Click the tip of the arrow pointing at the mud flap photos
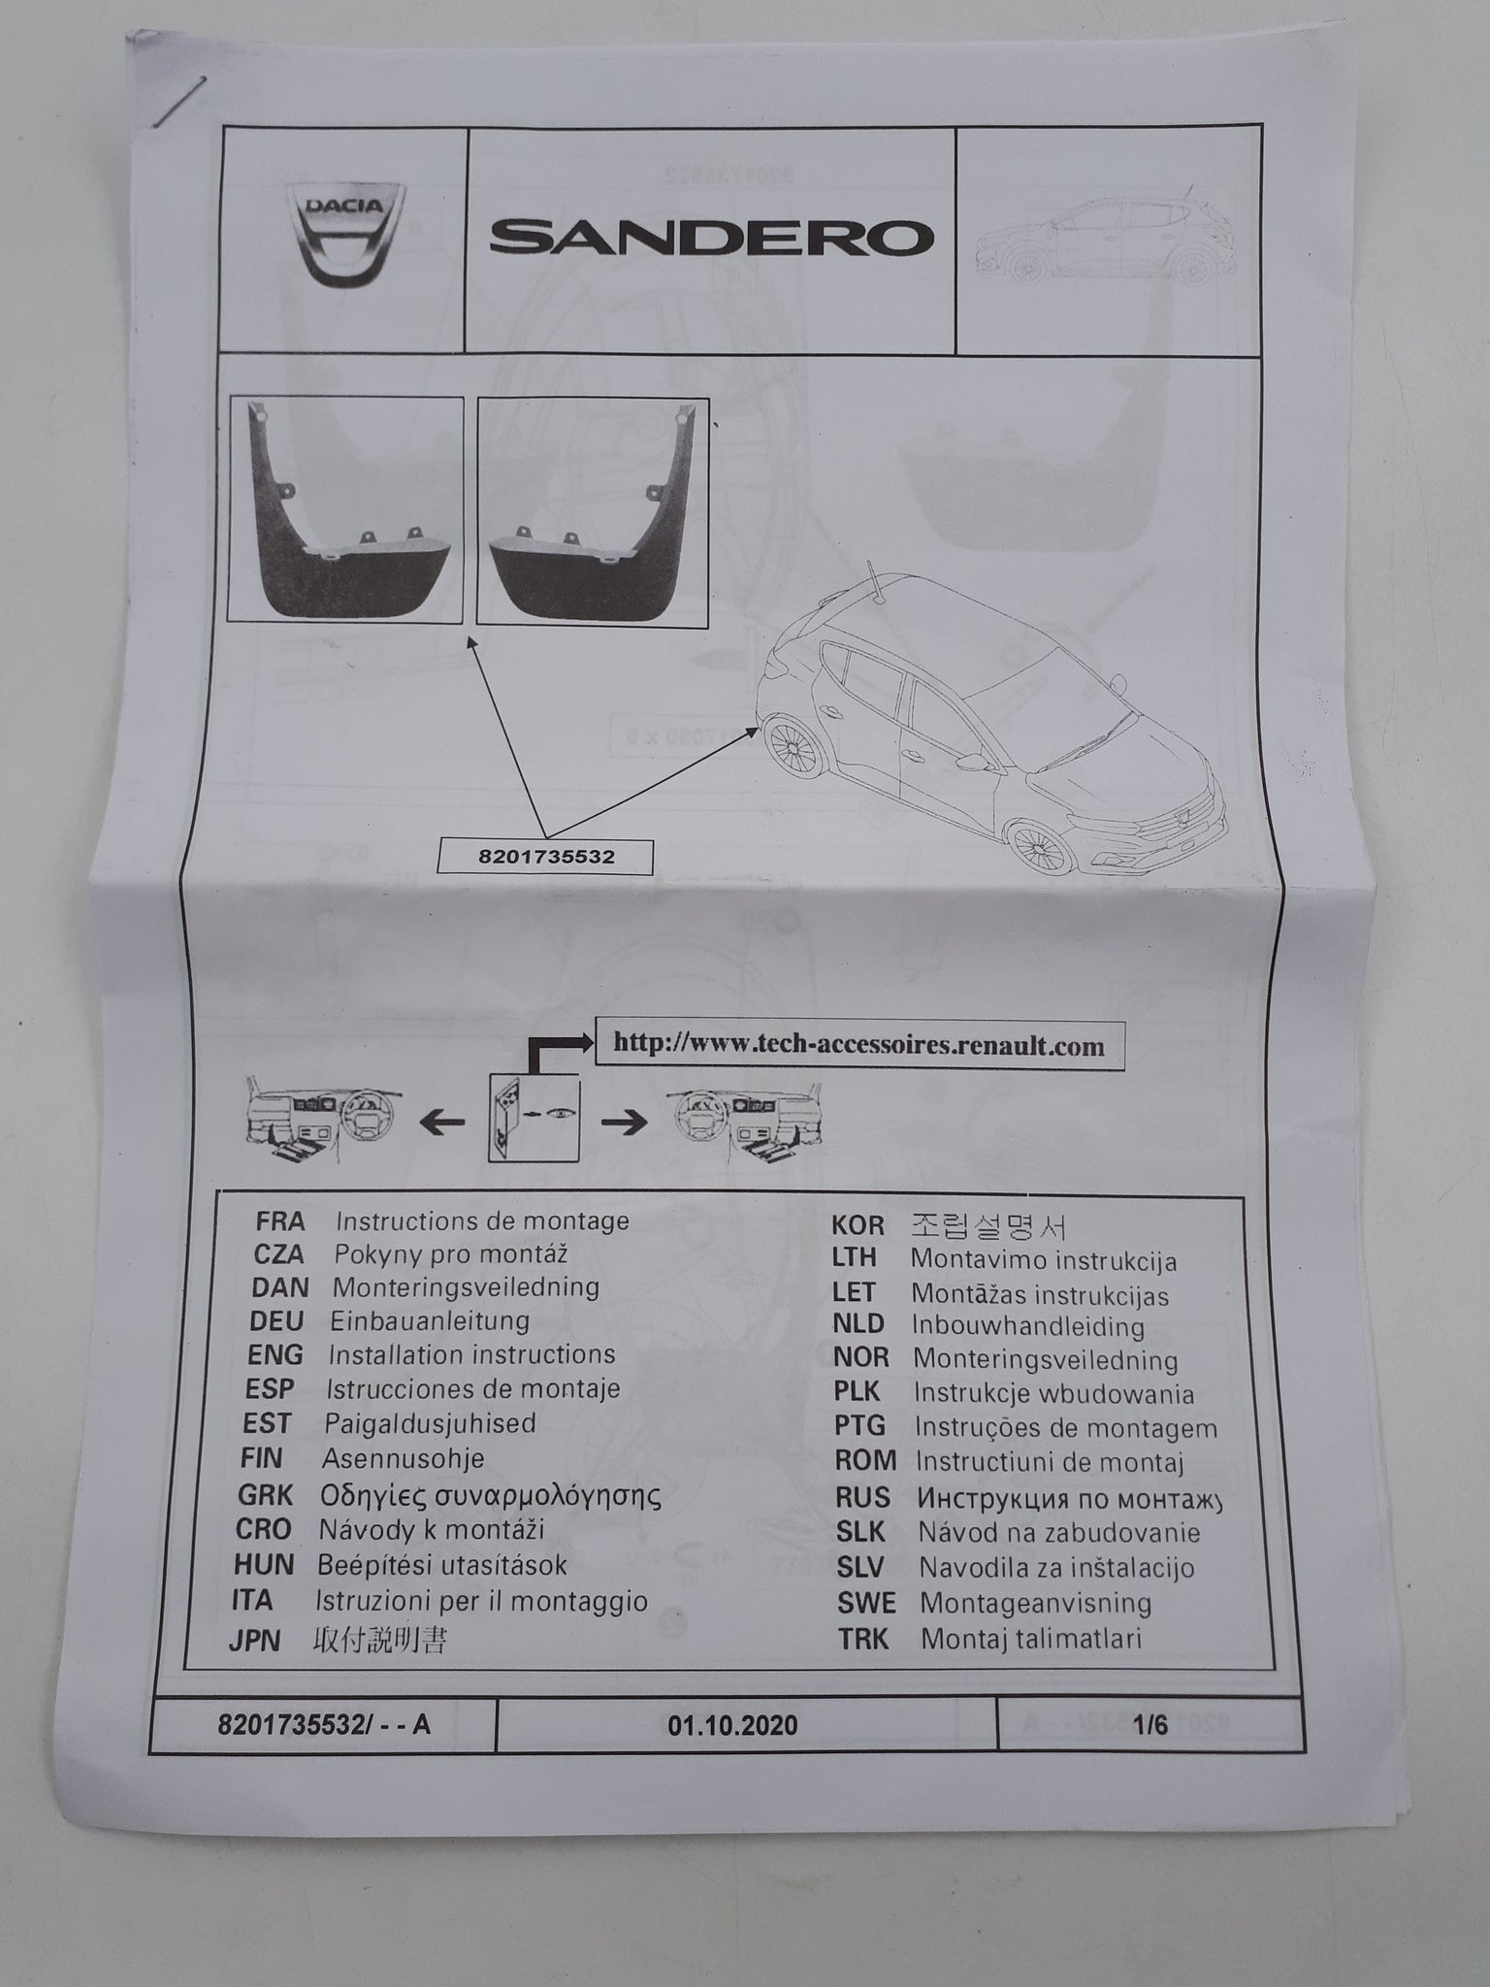click(469, 636)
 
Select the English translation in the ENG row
click(471, 1354)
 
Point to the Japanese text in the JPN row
click(380, 1640)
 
